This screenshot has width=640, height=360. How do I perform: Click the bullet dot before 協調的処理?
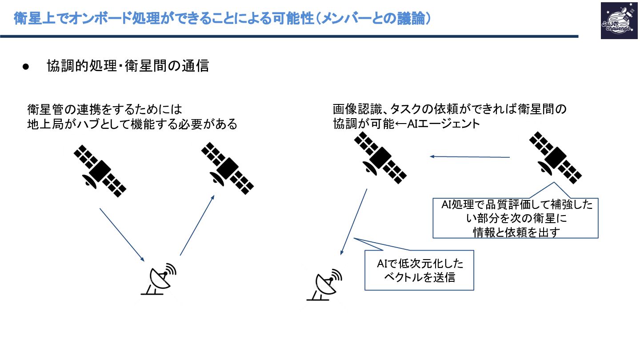[x=25, y=67]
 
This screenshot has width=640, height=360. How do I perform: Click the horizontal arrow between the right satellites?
[x=469, y=156]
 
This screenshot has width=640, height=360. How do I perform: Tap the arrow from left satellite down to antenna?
[x=122, y=235]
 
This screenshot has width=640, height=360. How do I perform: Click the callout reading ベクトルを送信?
[x=419, y=270]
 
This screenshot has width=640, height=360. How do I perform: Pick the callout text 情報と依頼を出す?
[x=515, y=232]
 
